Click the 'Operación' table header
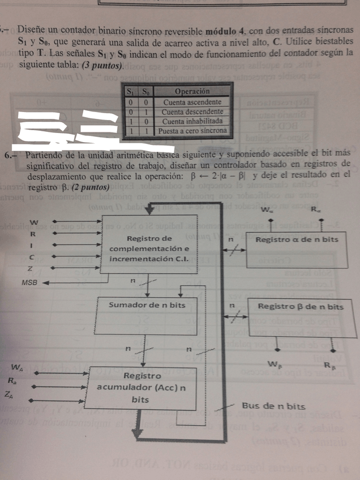(191, 91)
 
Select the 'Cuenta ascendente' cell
(192, 102)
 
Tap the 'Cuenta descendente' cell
(192, 112)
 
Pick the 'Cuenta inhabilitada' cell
(192, 121)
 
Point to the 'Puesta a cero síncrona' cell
(192, 131)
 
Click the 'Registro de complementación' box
(149, 248)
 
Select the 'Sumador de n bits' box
(147, 305)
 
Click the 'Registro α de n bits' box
(297, 239)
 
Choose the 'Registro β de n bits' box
(301, 306)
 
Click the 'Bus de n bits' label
(273, 406)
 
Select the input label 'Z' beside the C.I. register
(31, 268)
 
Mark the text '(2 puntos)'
(90, 186)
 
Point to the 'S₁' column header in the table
(129, 91)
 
